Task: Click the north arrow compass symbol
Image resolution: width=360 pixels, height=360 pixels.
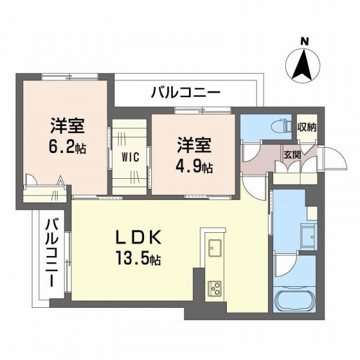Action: pyautogui.click(x=303, y=65)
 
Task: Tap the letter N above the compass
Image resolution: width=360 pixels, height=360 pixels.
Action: pyautogui.click(x=305, y=41)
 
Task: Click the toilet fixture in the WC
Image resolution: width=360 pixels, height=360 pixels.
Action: pyautogui.click(x=281, y=127)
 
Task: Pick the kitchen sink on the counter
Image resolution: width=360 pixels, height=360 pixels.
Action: pyautogui.click(x=215, y=247)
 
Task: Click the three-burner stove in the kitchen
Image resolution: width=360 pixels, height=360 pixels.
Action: pyautogui.click(x=215, y=289)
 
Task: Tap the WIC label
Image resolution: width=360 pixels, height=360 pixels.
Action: pyautogui.click(x=130, y=157)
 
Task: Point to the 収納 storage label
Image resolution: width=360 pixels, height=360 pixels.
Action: pyautogui.click(x=307, y=127)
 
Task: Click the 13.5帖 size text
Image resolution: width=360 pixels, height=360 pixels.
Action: pyautogui.click(x=139, y=258)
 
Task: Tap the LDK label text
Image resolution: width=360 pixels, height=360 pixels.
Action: pyautogui.click(x=138, y=238)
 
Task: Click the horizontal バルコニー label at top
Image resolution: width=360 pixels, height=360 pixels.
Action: pyautogui.click(x=186, y=92)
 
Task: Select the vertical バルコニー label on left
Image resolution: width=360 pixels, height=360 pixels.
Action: pyautogui.click(x=52, y=253)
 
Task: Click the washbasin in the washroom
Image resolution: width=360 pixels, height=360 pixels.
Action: pyautogui.click(x=309, y=235)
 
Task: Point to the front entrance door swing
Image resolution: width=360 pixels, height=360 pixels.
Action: pyautogui.click(x=335, y=158)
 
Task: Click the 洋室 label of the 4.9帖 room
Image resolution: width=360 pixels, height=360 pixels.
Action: pyautogui.click(x=194, y=145)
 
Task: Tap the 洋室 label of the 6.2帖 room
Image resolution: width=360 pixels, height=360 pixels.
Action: pyautogui.click(x=67, y=125)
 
